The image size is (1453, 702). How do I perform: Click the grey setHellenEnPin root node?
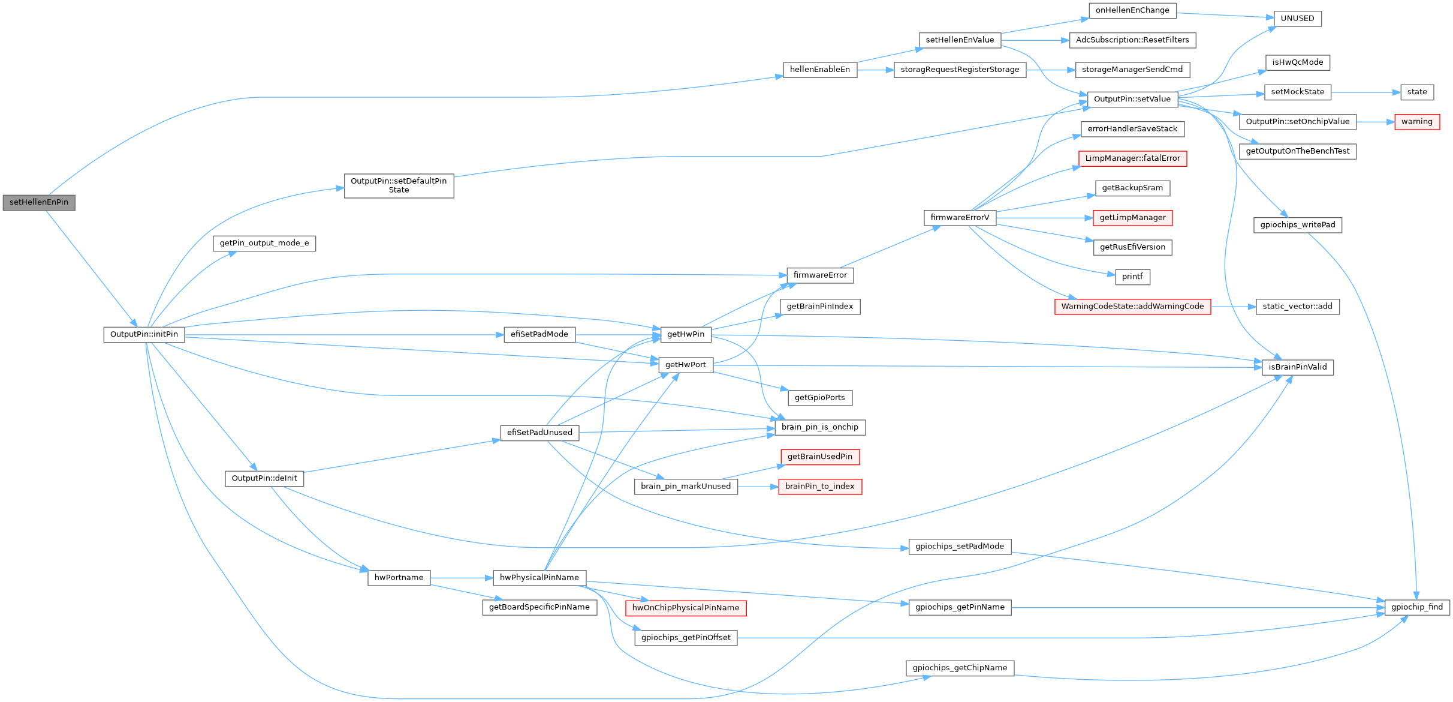(x=39, y=203)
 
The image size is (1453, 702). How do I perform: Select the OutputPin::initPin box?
(x=144, y=335)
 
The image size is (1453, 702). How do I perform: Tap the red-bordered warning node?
(x=1416, y=122)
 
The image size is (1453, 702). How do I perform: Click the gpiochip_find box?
(x=1417, y=607)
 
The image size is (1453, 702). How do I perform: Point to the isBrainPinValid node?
(x=1297, y=367)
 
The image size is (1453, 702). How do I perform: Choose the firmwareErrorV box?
(x=960, y=218)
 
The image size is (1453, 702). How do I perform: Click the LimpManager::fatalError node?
(x=1132, y=158)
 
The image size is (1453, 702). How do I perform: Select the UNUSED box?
(x=1297, y=19)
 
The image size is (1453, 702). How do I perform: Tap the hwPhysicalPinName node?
(x=539, y=578)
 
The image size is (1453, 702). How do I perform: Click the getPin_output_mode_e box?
(x=264, y=244)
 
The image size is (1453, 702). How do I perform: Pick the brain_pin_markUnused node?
(x=686, y=487)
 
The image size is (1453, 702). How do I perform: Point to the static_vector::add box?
(x=1297, y=307)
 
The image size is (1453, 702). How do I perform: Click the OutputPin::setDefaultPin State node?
(x=399, y=185)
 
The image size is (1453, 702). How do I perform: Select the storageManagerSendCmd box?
(x=1132, y=70)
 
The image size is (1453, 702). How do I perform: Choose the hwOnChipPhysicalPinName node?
(x=686, y=608)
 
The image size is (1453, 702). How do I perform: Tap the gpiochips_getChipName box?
(x=960, y=668)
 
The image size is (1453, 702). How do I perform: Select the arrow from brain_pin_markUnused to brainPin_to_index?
(x=758, y=487)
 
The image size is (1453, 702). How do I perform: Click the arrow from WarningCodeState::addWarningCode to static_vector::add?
(x=1233, y=307)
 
